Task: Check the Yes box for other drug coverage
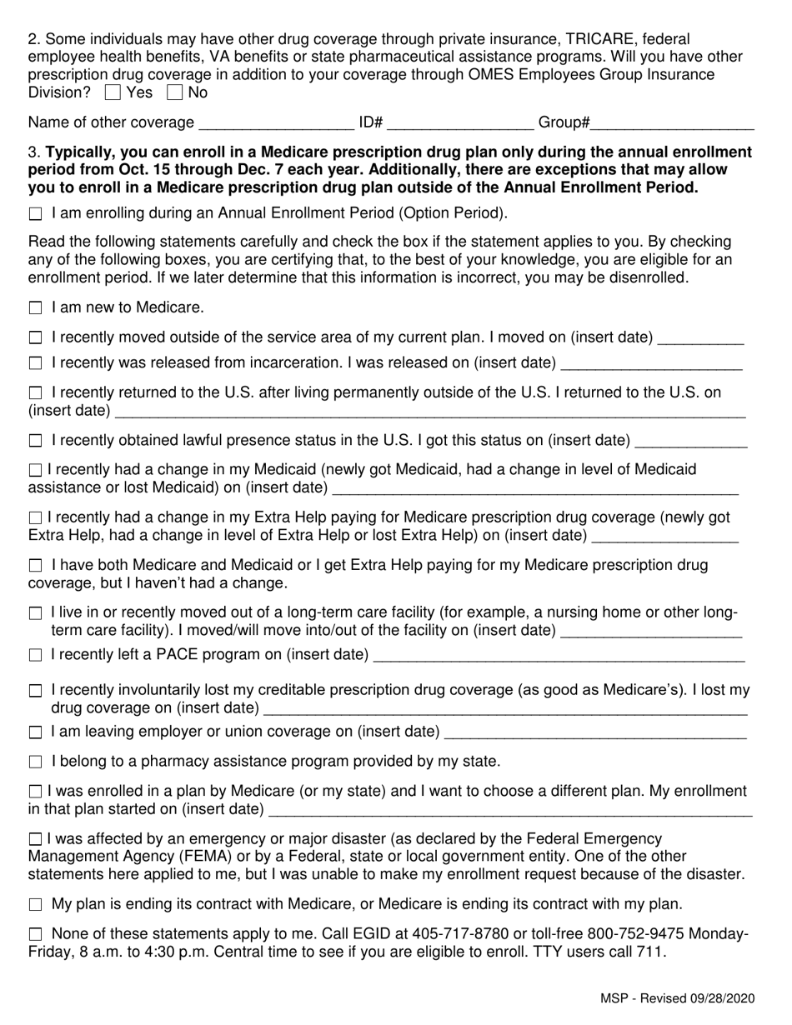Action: [114, 92]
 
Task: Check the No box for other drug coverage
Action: [175, 92]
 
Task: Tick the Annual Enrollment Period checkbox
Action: [35, 214]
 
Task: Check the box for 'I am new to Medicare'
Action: [35, 308]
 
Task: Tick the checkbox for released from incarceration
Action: [35, 363]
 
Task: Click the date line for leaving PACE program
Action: [559, 656]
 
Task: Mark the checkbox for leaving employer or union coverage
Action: [35, 732]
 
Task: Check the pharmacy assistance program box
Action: [35, 762]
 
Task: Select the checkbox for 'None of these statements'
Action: [35, 935]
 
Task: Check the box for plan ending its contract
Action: [35, 905]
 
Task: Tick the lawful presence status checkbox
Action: [35, 441]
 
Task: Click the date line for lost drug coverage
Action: [505, 710]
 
